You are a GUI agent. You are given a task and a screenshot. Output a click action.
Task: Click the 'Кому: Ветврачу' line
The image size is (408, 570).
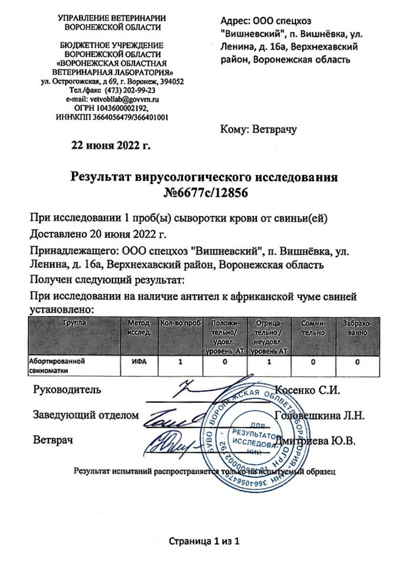tap(258, 128)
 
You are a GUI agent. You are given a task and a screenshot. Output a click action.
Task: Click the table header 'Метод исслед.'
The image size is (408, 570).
tap(139, 328)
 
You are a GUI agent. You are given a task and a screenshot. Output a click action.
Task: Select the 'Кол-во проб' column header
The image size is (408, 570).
tap(181, 323)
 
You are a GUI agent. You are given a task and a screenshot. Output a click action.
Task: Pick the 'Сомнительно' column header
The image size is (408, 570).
tap(313, 328)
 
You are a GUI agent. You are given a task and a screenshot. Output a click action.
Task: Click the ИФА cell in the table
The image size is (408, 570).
tap(139, 361)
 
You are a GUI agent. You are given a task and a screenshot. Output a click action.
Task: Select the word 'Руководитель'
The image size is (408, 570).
tap(67, 390)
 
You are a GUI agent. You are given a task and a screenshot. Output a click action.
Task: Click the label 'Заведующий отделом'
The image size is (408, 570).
tap(86, 415)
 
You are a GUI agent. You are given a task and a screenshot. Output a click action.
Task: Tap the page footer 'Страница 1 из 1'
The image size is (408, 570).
tap(204, 541)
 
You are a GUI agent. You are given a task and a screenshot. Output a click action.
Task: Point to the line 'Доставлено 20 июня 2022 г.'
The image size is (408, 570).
tap(98, 234)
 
